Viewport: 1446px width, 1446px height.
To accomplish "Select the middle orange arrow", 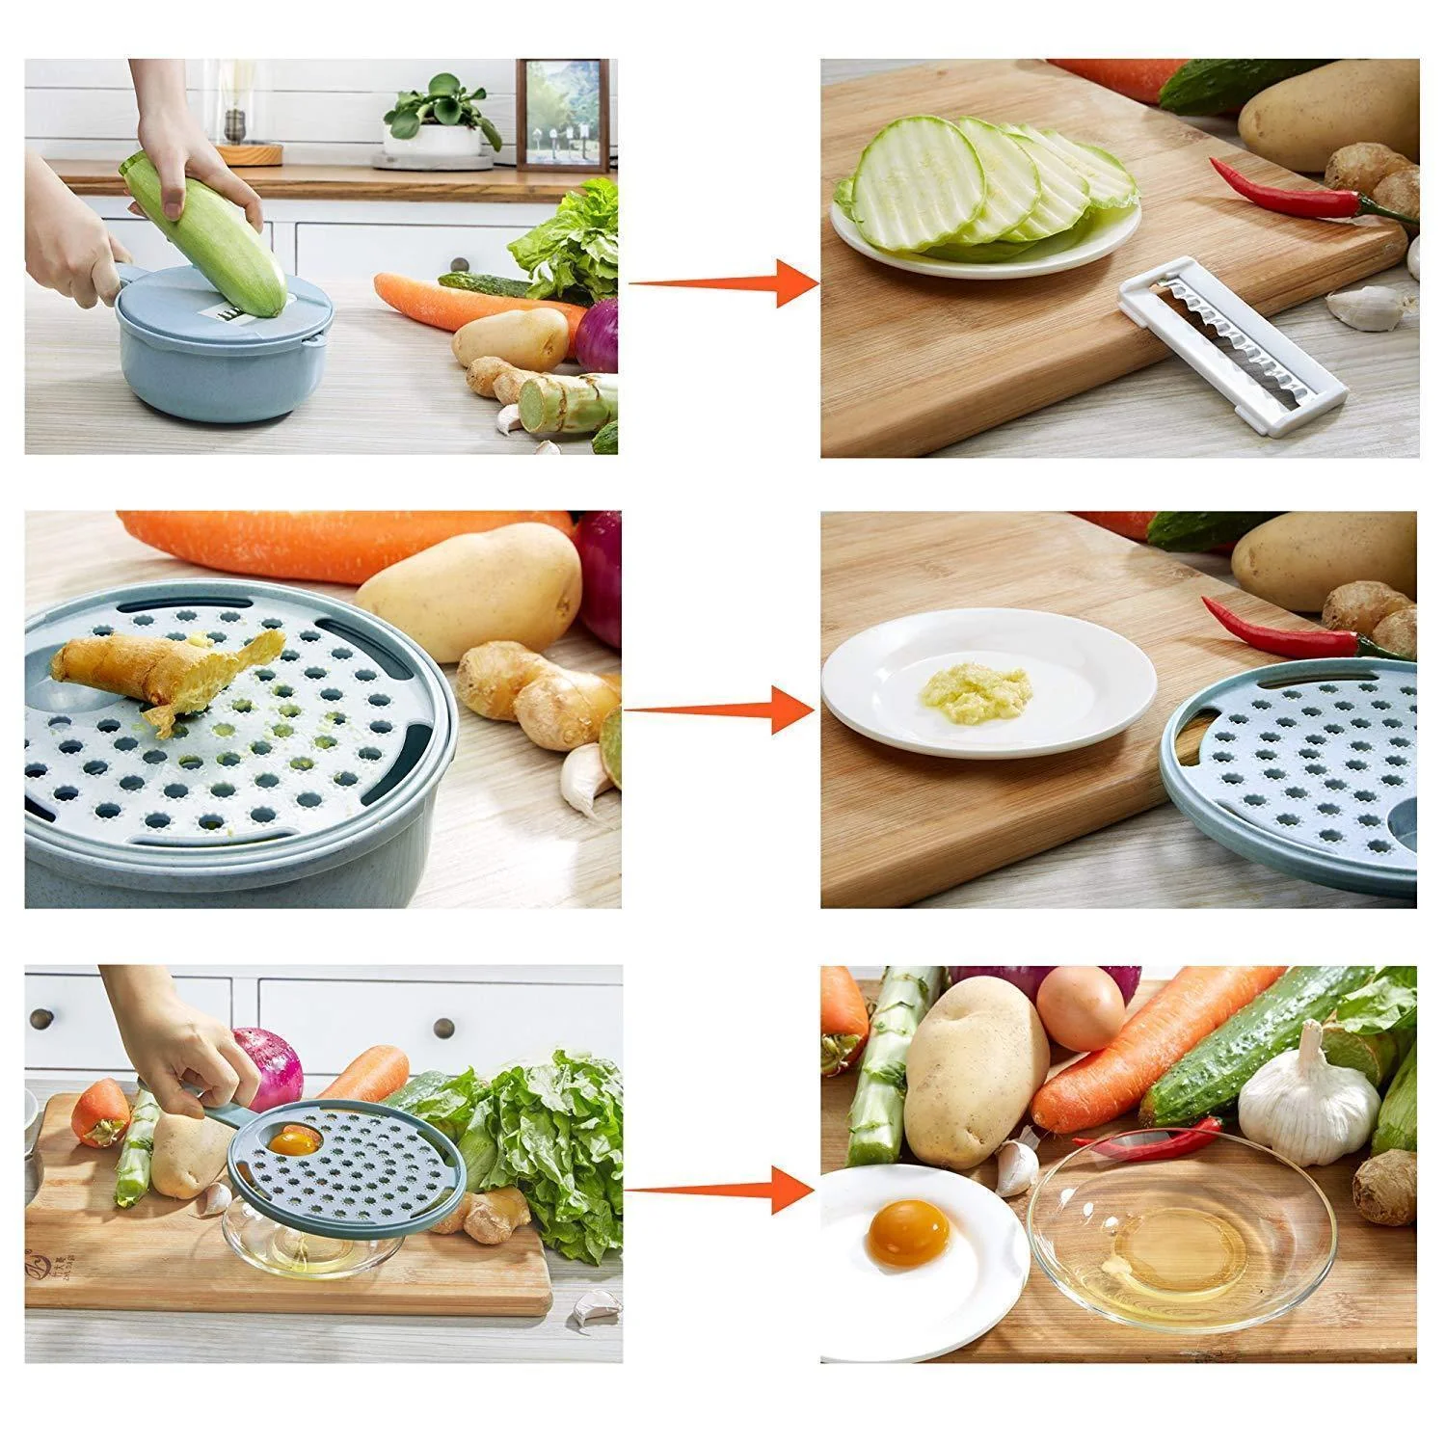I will coord(723,710).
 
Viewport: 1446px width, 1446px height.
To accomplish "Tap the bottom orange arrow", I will coord(723,1188).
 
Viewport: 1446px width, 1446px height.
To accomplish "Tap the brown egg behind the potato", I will coord(1082,1008).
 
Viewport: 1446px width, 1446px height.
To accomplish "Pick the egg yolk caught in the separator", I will coord(296,1142).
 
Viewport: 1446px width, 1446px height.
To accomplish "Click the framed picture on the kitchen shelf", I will coord(563,114).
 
